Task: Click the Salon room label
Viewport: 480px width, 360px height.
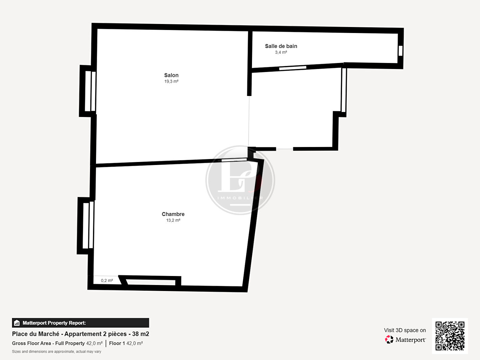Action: tap(171, 75)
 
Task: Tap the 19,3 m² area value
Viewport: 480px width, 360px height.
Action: tap(171, 81)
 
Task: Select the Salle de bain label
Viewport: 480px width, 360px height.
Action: tap(281, 46)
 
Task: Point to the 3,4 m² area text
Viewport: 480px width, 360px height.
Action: tap(281, 52)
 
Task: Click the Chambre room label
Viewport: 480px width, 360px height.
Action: tap(173, 214)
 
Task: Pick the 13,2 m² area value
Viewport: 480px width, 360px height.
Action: tap(173, 220)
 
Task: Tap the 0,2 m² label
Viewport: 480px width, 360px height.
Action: tap(107, 280)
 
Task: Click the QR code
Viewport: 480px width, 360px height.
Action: tap(450, 336)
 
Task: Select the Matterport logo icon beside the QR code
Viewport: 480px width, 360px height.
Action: tap(389, 340)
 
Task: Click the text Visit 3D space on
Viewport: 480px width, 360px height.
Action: tap(405, 330)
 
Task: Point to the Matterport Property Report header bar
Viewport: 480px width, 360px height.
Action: tap(80, 323)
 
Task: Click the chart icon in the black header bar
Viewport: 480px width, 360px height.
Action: tap(17, 323)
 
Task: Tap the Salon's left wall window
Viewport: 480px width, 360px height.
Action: tap(90, 91)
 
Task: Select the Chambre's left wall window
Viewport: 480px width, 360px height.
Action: tap(88, 225)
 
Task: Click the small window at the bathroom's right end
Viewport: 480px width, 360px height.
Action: tap(400, 51)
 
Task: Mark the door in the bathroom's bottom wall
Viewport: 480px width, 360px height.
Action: tap(293, 68)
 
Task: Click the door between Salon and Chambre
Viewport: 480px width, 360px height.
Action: tap(234, 160)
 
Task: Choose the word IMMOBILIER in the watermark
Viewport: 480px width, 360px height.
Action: tap(240, 198)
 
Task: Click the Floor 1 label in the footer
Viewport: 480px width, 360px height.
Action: tap(117, 343)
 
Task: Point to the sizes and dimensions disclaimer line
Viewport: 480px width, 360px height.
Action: tap(57, 351)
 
